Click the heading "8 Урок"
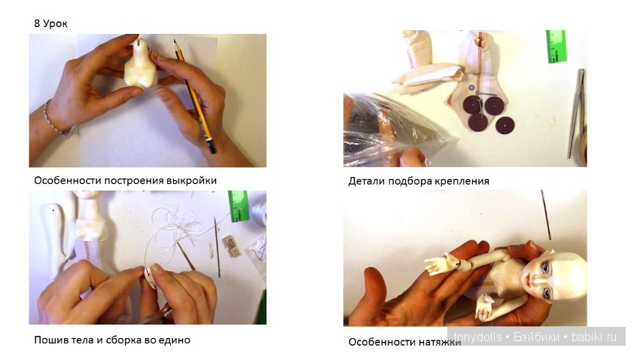pos(50,23)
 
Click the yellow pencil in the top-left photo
pos(195,96)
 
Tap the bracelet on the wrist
pos(57,120)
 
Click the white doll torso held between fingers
pos(141,65)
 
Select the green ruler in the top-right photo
pos(556,46)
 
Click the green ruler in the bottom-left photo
pos(239,206)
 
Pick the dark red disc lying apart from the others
pos(505,125)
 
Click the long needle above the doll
pos(546,215)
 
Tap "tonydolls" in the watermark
pos(477,337)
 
